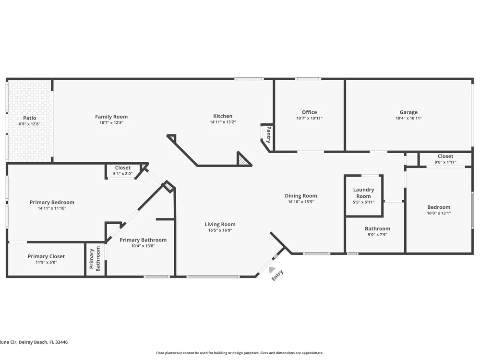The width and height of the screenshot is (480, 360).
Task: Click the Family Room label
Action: point(111,117)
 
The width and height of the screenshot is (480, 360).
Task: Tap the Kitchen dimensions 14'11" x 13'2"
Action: point(223,122)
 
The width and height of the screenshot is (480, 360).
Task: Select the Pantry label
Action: point(268,134)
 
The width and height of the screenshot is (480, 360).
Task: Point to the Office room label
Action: point(309,112)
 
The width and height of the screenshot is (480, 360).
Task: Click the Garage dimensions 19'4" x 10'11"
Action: point(408,118)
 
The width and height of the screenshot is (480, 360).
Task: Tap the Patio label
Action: point(29,118)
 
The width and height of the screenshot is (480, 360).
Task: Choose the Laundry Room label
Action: point(363,193)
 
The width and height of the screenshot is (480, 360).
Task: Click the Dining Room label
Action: point(301,196)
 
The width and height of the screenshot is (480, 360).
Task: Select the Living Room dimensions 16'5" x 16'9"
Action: point(220,230)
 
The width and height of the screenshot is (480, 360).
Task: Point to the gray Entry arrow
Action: point(271,270)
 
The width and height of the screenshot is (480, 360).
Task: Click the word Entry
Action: point(277,275)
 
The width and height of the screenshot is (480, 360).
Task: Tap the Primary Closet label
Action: point(46,256)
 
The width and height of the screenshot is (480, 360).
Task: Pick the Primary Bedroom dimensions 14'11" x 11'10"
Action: point(52,208)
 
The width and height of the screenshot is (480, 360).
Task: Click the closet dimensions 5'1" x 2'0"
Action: point(123,174)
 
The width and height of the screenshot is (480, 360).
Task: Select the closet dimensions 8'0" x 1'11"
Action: point(445,162)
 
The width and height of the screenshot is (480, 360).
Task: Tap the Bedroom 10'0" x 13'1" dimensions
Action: point(439,213)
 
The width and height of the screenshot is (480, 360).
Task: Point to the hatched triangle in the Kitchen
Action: point(244,159)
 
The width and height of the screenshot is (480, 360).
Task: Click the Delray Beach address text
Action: point(34,342)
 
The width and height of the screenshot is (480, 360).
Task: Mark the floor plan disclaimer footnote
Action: point(240,353)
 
